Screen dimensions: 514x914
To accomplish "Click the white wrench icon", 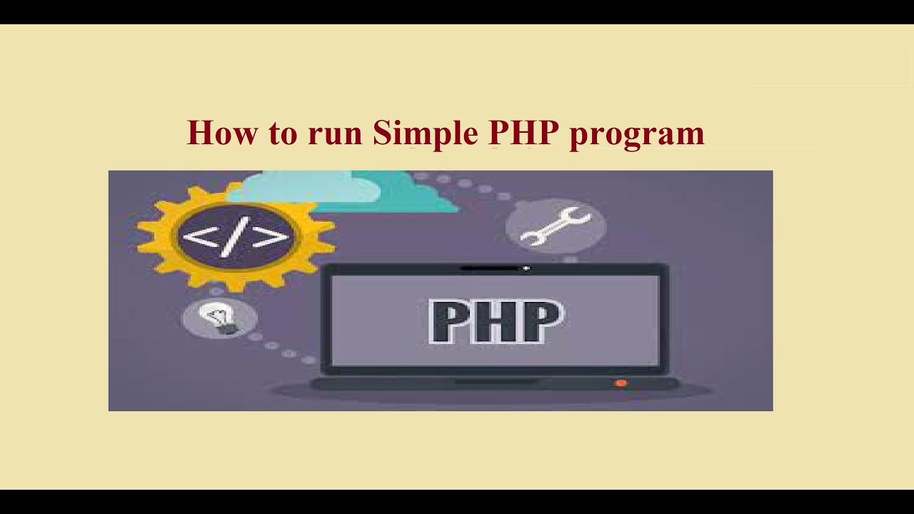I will (555, 226).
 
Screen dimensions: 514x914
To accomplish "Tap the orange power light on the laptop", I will (620, 383).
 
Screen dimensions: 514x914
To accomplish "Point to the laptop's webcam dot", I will (526, 268).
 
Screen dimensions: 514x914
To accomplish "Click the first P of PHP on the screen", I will (450, 322).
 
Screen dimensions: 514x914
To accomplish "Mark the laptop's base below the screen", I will (493, 384).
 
